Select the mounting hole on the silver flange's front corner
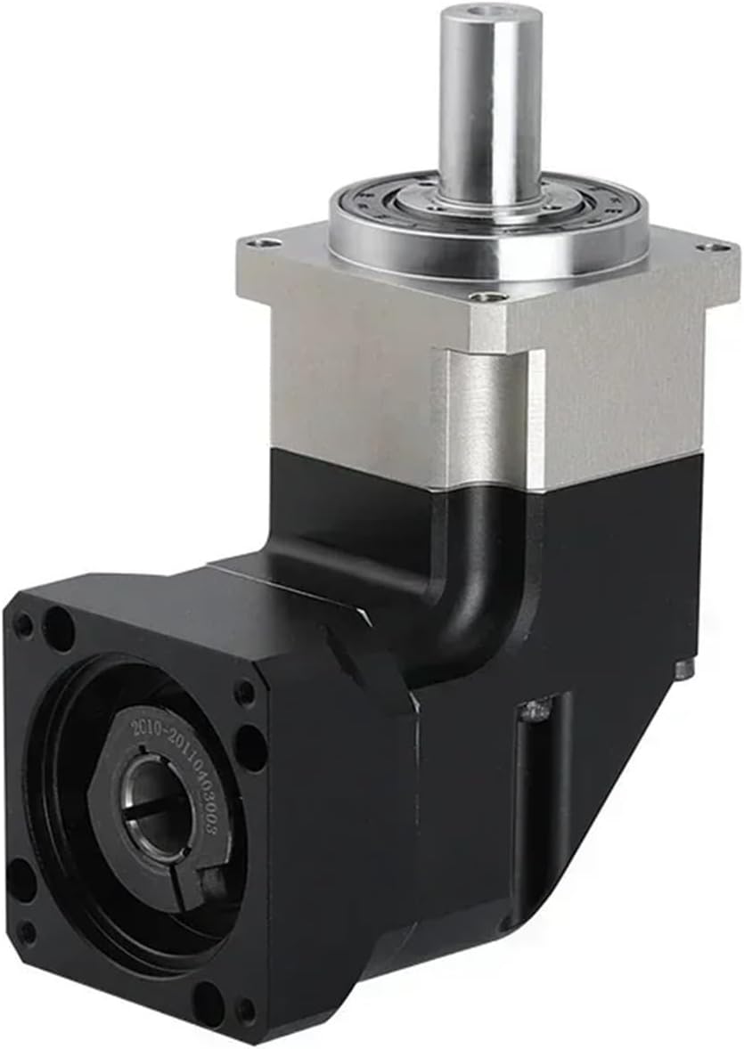coord(482,297)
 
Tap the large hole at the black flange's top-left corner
coord(59,629)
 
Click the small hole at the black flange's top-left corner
coord(23,626)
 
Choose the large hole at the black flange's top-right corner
coord(251,746)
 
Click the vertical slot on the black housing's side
coord(534,801)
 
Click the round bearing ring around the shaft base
coord(488,214)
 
